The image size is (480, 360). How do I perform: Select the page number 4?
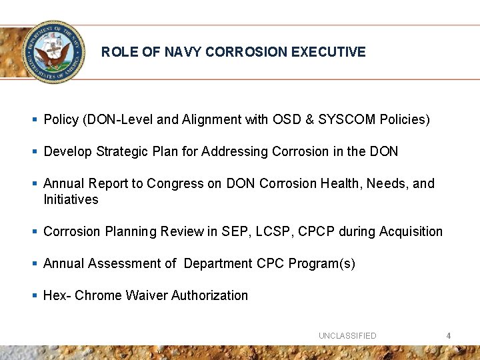pyautogui.click(x=449, y=336)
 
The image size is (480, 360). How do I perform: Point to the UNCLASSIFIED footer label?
pyautogui.click(x=347, y=336)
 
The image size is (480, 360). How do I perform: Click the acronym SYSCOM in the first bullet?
pyautogui.click(x=348, y=120)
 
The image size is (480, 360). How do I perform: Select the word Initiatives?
pyautogui.click(x=71, y=200)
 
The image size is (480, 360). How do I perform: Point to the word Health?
pyautogui.click(x=338, y=184)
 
